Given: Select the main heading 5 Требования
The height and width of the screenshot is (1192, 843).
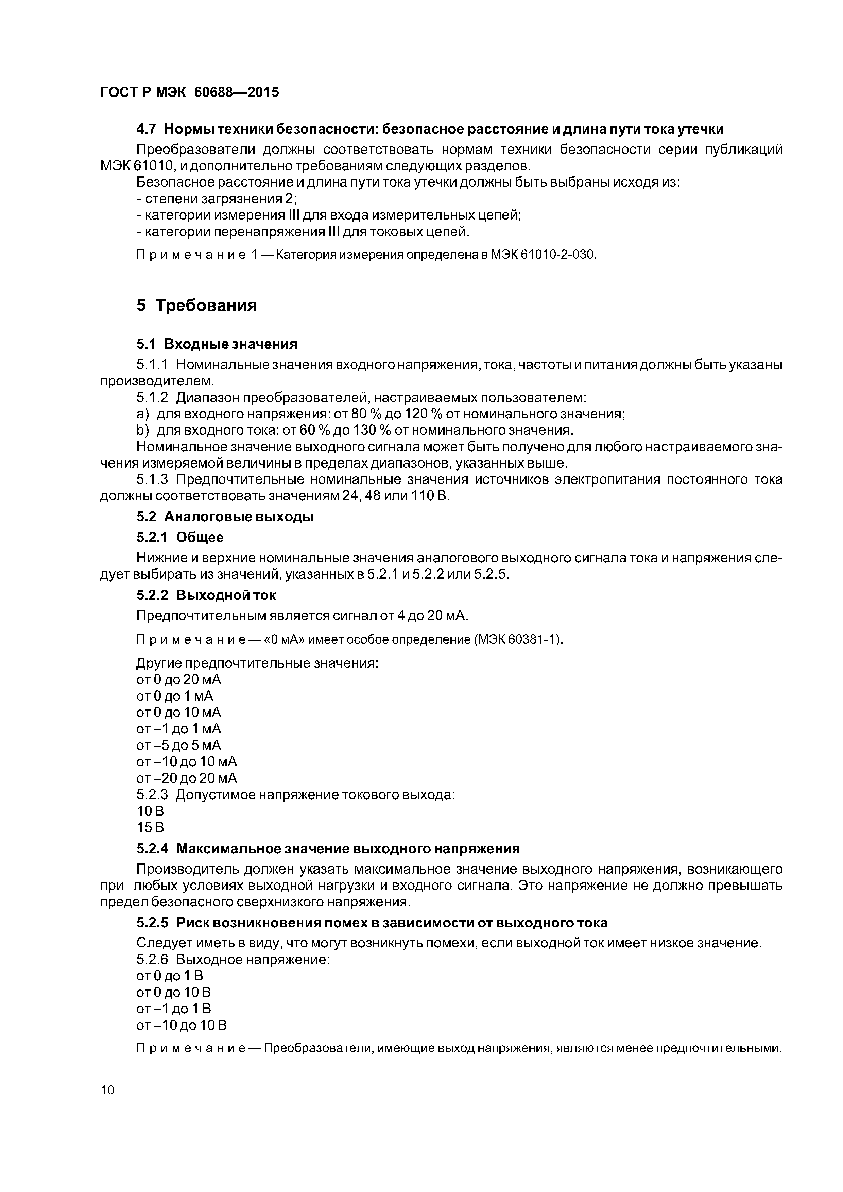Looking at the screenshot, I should [x=196, y=305].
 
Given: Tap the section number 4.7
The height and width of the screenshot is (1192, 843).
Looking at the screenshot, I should [x=147, y=129].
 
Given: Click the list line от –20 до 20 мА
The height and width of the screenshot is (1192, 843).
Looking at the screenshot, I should [x=187, y=778].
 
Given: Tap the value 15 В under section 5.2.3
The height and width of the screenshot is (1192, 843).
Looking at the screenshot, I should [x=150, y=827].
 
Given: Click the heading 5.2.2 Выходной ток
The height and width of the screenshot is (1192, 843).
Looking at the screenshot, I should [x=206, y=595].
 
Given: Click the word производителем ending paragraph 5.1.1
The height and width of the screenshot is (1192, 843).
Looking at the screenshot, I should [x=156, y=381].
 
